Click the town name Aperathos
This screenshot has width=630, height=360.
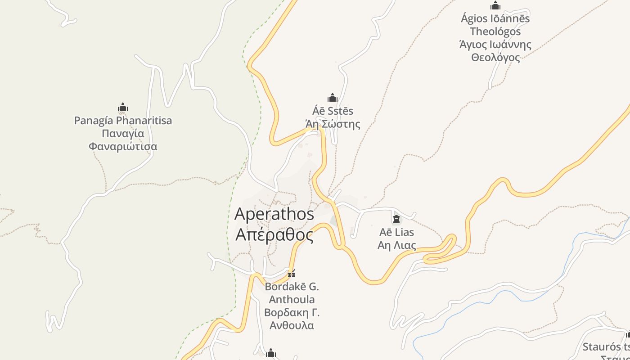tap(274, 214)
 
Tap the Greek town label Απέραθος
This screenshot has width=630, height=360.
tap(274, 234)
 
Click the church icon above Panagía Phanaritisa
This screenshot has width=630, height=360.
tap(123, 108)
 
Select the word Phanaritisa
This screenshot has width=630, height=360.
tap(144, 121)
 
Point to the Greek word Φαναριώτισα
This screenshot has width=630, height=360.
tap(123, 147)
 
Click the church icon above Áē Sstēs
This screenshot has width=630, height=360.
tap(333, 98)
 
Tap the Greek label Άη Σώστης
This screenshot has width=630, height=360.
tap(333, 124)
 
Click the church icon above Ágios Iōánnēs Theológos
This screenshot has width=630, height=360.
tap(495, 5)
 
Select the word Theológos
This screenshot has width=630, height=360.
tap(495, 31)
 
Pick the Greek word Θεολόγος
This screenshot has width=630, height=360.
tap(495, 58)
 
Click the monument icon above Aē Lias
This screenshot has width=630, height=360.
tap(396, 219)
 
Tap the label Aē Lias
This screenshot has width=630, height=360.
tap(396, 232)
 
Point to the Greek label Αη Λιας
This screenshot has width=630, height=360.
tap(396, 245)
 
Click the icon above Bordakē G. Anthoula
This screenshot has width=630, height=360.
tap(292, 273)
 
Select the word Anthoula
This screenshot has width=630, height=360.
tap(292, 299)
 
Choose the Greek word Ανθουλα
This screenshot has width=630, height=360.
tap(292, 325)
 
